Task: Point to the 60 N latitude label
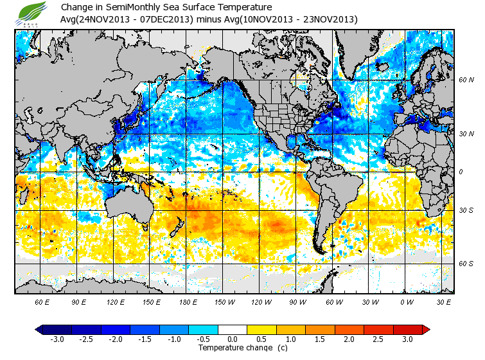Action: tap(466, 80)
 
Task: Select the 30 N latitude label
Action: tap(466, 134)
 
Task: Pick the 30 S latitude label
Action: tap(466, 210)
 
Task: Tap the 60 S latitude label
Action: tap(466, 264)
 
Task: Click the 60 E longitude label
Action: tap(42, 301)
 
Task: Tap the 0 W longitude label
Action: tap(407, 301)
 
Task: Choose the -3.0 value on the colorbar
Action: tap(57, 339)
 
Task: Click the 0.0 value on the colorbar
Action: tap(233, 339)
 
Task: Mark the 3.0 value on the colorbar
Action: tap(408, 339)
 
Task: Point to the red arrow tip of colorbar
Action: tap(426, 329)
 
